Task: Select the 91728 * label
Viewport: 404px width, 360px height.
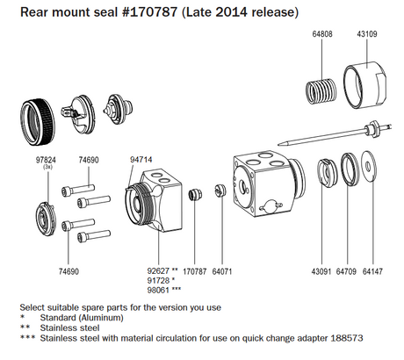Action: pos(161,281)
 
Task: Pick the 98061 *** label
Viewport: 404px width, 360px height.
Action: pos(164,291)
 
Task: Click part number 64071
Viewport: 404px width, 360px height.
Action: pos(224,271)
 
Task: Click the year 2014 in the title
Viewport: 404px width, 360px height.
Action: pos(230,12)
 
